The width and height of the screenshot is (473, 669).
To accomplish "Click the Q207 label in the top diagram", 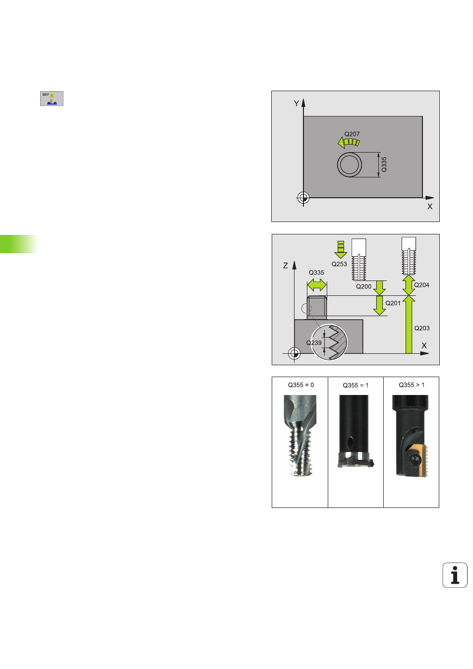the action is click(352, 134).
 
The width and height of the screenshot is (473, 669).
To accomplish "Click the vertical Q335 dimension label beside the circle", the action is click(384, 164).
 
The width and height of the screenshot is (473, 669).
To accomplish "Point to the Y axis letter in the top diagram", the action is click(296, 104).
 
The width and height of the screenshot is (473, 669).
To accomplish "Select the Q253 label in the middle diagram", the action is click(339, 264).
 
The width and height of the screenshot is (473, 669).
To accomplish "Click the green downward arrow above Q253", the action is click(341, 250).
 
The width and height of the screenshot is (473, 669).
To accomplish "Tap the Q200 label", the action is click(363, 286).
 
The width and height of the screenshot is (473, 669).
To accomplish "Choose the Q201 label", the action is click(393, 303).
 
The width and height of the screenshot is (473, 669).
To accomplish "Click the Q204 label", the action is click(421, 285).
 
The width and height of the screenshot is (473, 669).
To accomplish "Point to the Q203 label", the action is click(421, 328).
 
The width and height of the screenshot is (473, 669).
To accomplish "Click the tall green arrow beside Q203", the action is click(409, 325).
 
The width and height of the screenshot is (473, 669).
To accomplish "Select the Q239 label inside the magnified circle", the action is click(314, 342).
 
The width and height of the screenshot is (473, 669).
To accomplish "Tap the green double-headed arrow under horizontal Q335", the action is click(317, 284).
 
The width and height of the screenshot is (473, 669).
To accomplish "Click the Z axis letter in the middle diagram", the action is click(286, 266).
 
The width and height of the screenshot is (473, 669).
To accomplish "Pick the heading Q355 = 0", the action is click(301, 385).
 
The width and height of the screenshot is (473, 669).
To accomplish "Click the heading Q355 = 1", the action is click(355, 385).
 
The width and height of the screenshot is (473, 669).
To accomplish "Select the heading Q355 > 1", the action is click(412, 385).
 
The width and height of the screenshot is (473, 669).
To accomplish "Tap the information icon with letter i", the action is click(455, 575).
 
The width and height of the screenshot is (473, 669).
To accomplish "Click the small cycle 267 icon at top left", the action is click(52, 99).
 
